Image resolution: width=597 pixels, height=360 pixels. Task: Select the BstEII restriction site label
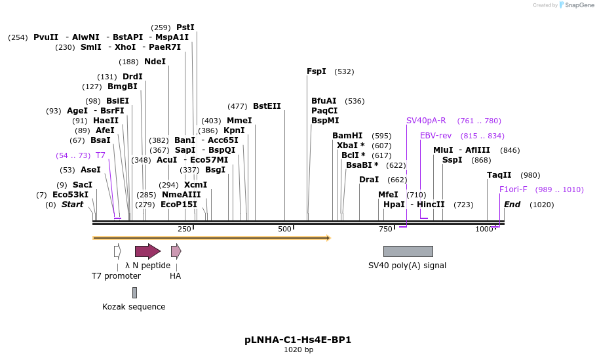(x=267, y=106)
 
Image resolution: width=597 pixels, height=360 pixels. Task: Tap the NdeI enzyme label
(x=155, y=62)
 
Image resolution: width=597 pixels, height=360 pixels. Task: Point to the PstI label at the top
(x=185, y=28)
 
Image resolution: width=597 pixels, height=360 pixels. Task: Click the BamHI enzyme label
(x=347, y=136)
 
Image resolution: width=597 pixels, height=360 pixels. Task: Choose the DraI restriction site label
(x=369, y=180)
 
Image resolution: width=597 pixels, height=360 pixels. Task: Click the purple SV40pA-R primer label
(x=426, y=121)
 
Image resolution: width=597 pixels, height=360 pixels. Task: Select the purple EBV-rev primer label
(x=436, y=136)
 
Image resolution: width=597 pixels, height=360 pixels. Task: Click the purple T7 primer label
(x=100, y=155)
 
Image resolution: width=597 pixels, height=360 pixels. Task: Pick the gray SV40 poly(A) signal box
(x=408, y=251)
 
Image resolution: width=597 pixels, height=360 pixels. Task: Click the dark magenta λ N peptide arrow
(x=147, y=251)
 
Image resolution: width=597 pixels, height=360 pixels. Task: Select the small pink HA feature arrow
(x=176, y=251)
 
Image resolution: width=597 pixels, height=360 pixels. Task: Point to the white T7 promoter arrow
(x=117, y=251)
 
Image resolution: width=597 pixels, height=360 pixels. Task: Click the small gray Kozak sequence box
(x=134, y=292)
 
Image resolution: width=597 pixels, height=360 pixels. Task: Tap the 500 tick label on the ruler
(x=284, y=229)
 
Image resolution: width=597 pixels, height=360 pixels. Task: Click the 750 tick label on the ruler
(x=385, y=229)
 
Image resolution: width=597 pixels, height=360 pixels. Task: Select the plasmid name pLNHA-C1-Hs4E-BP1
(x=298, y=340)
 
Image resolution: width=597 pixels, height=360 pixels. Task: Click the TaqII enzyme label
(x=499, y=175)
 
